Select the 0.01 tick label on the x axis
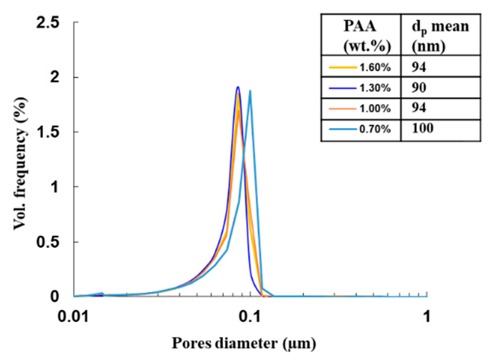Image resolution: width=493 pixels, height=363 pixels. pyautogui.click(x=73, y=316)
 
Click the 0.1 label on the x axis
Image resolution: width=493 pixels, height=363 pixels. pyautogui.click(x=249, y=316)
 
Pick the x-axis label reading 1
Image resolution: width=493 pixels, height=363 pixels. pyautogui.click(x=427, y=316)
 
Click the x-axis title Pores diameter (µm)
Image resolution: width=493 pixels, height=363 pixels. pyautogui.click(x=244, y=343)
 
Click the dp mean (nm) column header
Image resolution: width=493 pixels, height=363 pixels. pyautogui.click(x=440, y=36)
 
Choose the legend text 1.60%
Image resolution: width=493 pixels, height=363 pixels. pyautogui.click(x=375, y=68)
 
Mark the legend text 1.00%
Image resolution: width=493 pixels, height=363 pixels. pyautogui.click(x=375, y=109)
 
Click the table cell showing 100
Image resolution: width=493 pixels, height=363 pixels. pyautogui.click(x=422, y=129)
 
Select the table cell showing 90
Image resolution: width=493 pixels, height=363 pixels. pyautogui.click(x=419, y=88)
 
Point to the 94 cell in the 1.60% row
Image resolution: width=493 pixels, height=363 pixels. pyautogui.click(x=419, y=67)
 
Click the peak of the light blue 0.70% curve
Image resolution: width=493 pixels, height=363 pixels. pyautogui.click(x=250, y=91)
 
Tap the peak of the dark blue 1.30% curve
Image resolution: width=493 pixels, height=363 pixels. pyautogui.click(x=238, y=87)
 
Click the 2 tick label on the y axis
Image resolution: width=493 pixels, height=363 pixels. pyautogui.click(x=55, y=77)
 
